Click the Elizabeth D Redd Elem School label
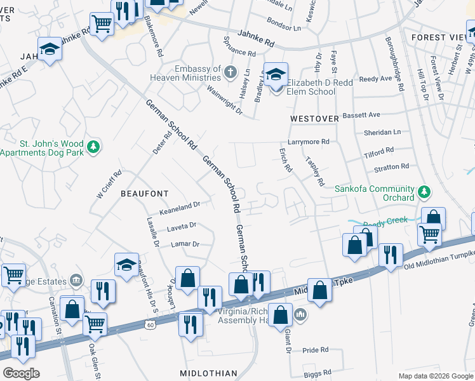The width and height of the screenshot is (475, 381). (311, 87)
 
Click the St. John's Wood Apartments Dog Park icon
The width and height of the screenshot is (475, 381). (94, 147)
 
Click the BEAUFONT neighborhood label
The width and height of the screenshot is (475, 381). (145, 194)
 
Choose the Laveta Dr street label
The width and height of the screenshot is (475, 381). (182, 225)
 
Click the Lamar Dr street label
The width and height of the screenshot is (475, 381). (185, 244)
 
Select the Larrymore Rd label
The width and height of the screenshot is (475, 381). (309, 142)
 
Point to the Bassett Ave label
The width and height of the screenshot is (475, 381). (361, 115)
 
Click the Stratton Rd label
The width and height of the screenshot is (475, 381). (392, 167)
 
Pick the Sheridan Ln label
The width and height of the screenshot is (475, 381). (382, 132)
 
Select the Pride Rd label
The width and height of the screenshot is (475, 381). (316, 350)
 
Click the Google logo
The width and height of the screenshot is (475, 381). (21, 373)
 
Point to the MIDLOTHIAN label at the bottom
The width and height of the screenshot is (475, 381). (208, 373)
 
